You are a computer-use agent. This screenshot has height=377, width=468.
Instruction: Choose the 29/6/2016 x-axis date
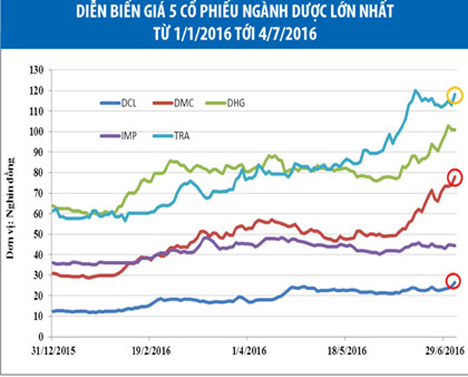click(x=441, y=351)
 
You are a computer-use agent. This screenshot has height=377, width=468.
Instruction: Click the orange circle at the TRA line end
click(x=454, y=95)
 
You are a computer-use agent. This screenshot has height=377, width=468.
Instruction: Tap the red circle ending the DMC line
click(x=454, y=178)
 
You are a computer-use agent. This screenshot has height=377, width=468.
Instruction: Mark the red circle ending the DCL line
click(x=454, y=280)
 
